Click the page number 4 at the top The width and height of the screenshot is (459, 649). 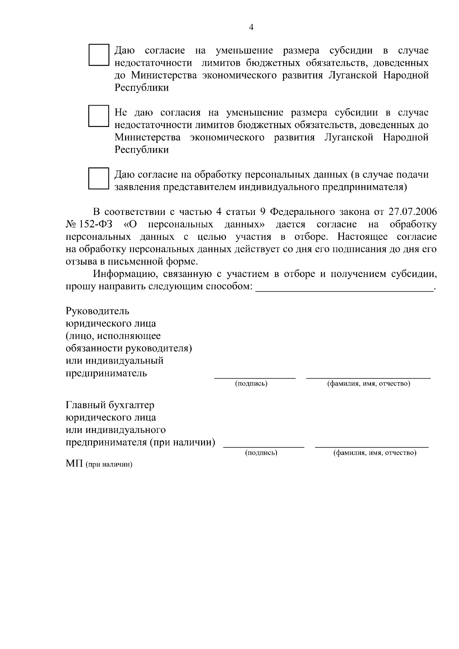(251, 27)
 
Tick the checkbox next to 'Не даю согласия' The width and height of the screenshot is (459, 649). (99, 116)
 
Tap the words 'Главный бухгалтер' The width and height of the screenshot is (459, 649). (110, 405)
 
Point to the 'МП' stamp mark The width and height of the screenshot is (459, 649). (75, 464)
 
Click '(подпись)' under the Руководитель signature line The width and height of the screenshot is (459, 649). (251, 384)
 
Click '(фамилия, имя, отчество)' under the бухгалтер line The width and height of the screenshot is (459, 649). (375, 453)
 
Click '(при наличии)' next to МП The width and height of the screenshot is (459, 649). (109, 465)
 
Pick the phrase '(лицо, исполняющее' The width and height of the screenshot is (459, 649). (113, 336)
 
